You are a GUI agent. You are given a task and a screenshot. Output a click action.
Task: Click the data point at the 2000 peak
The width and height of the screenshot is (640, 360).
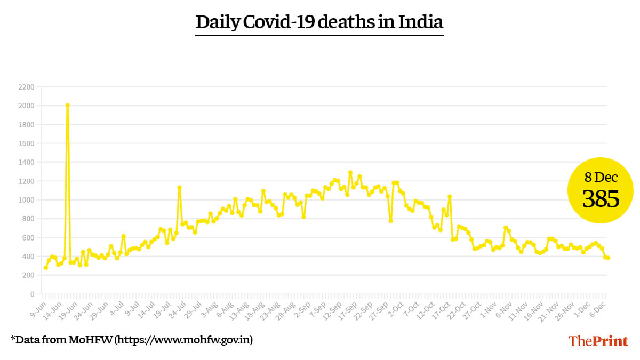67,105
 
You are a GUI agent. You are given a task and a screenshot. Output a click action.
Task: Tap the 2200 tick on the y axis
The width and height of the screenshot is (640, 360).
26,87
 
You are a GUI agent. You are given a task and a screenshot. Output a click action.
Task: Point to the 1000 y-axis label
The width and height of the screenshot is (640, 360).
26,200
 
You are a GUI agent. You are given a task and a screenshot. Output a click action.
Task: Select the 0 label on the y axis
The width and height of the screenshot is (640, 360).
32,294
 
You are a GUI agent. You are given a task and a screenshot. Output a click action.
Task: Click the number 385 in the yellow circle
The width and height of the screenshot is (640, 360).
601,199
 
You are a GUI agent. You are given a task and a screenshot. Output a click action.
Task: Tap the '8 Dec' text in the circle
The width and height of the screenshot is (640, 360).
601,178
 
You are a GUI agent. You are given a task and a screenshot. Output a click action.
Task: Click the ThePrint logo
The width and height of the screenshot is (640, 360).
598,341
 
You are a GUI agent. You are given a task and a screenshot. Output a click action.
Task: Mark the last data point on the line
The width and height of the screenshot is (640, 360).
608,258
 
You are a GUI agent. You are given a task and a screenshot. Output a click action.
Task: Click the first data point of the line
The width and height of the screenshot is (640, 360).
45,268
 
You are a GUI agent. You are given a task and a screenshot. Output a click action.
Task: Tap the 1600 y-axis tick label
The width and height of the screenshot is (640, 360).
26,143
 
